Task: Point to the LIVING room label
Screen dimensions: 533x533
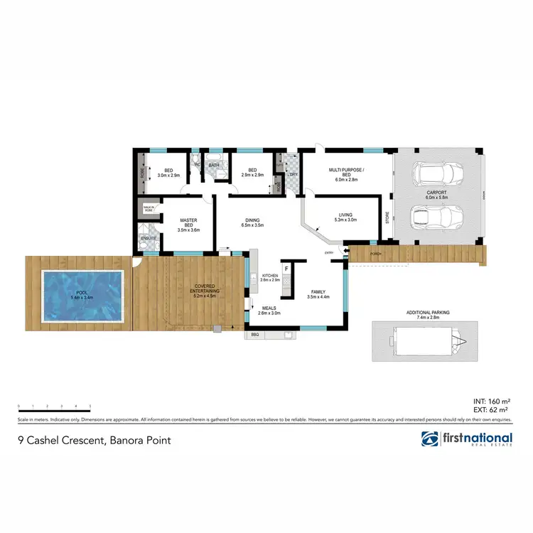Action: (345, 216)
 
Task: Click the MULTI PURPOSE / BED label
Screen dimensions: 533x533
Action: (343, 173)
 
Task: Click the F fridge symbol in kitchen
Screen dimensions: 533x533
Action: (286, 269)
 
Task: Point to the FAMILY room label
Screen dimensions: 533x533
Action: (316, 294)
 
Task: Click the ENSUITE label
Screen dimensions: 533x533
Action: (149, 238)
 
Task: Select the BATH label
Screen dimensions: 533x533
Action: (214, 166)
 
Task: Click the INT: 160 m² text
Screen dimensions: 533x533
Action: (492, 402)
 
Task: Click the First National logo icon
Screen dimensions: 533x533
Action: (431, 439)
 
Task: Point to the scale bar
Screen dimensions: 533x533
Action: (54, 410)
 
